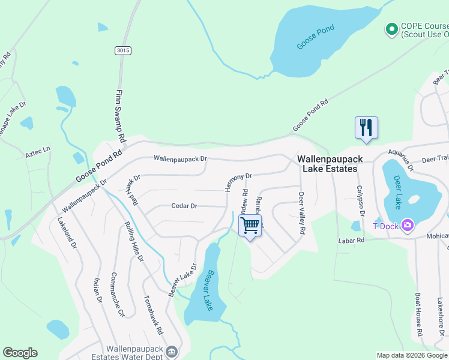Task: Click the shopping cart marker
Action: point(250,226)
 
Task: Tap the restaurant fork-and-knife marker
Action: point(366,128)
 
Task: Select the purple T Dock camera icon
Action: point(409,225)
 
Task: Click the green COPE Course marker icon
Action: point(391,28)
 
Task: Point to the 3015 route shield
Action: point(124,52)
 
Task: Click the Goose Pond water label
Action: point(316,37)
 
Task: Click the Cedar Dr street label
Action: point(184,206)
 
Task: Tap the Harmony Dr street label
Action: point(238,182)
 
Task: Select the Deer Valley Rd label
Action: point(301,213)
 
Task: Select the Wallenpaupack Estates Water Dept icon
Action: point(172,351)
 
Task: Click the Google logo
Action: point(20,353)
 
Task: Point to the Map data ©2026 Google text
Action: point(411,355)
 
